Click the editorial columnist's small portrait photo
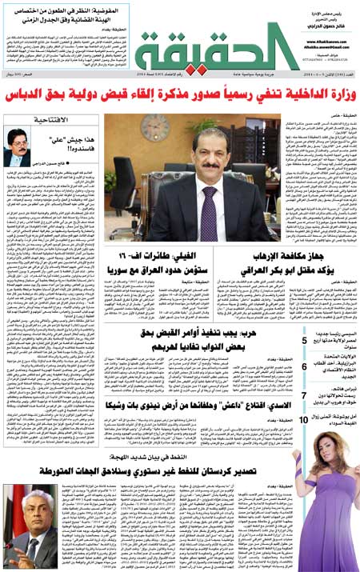pos(18,148)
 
